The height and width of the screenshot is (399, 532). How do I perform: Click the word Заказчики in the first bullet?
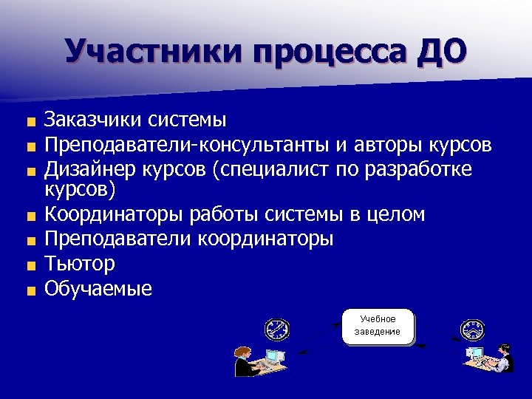click(92, 119)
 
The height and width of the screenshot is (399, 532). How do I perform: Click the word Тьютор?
click(79, 264)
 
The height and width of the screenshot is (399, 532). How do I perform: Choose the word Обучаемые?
click(98, 288)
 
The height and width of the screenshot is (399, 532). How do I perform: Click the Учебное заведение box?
click(378, 326)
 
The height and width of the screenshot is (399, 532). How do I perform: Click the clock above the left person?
click(277, 329)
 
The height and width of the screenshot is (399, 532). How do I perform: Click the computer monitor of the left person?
click(274, 356)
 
